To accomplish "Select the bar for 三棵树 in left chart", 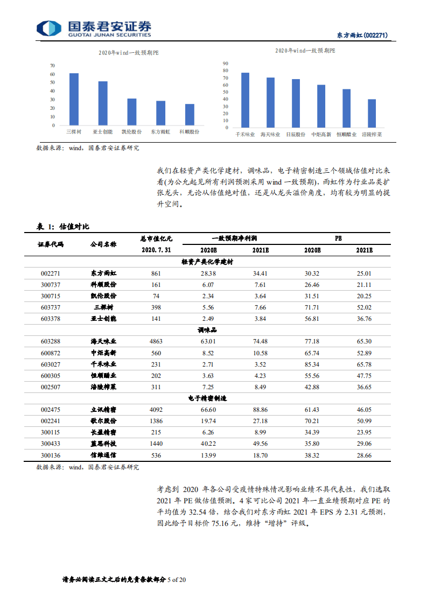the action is coord(74,99).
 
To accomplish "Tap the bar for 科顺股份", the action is coord(190,114).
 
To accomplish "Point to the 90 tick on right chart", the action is coord(226,64).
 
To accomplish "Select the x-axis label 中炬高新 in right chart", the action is coord(321,134).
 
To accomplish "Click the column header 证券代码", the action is coord(51,244).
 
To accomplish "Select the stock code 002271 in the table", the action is coord(51,273).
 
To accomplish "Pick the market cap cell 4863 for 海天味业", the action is coord(156,341).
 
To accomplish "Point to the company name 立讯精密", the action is coord(103,410).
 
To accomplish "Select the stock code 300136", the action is coord(51,455).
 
